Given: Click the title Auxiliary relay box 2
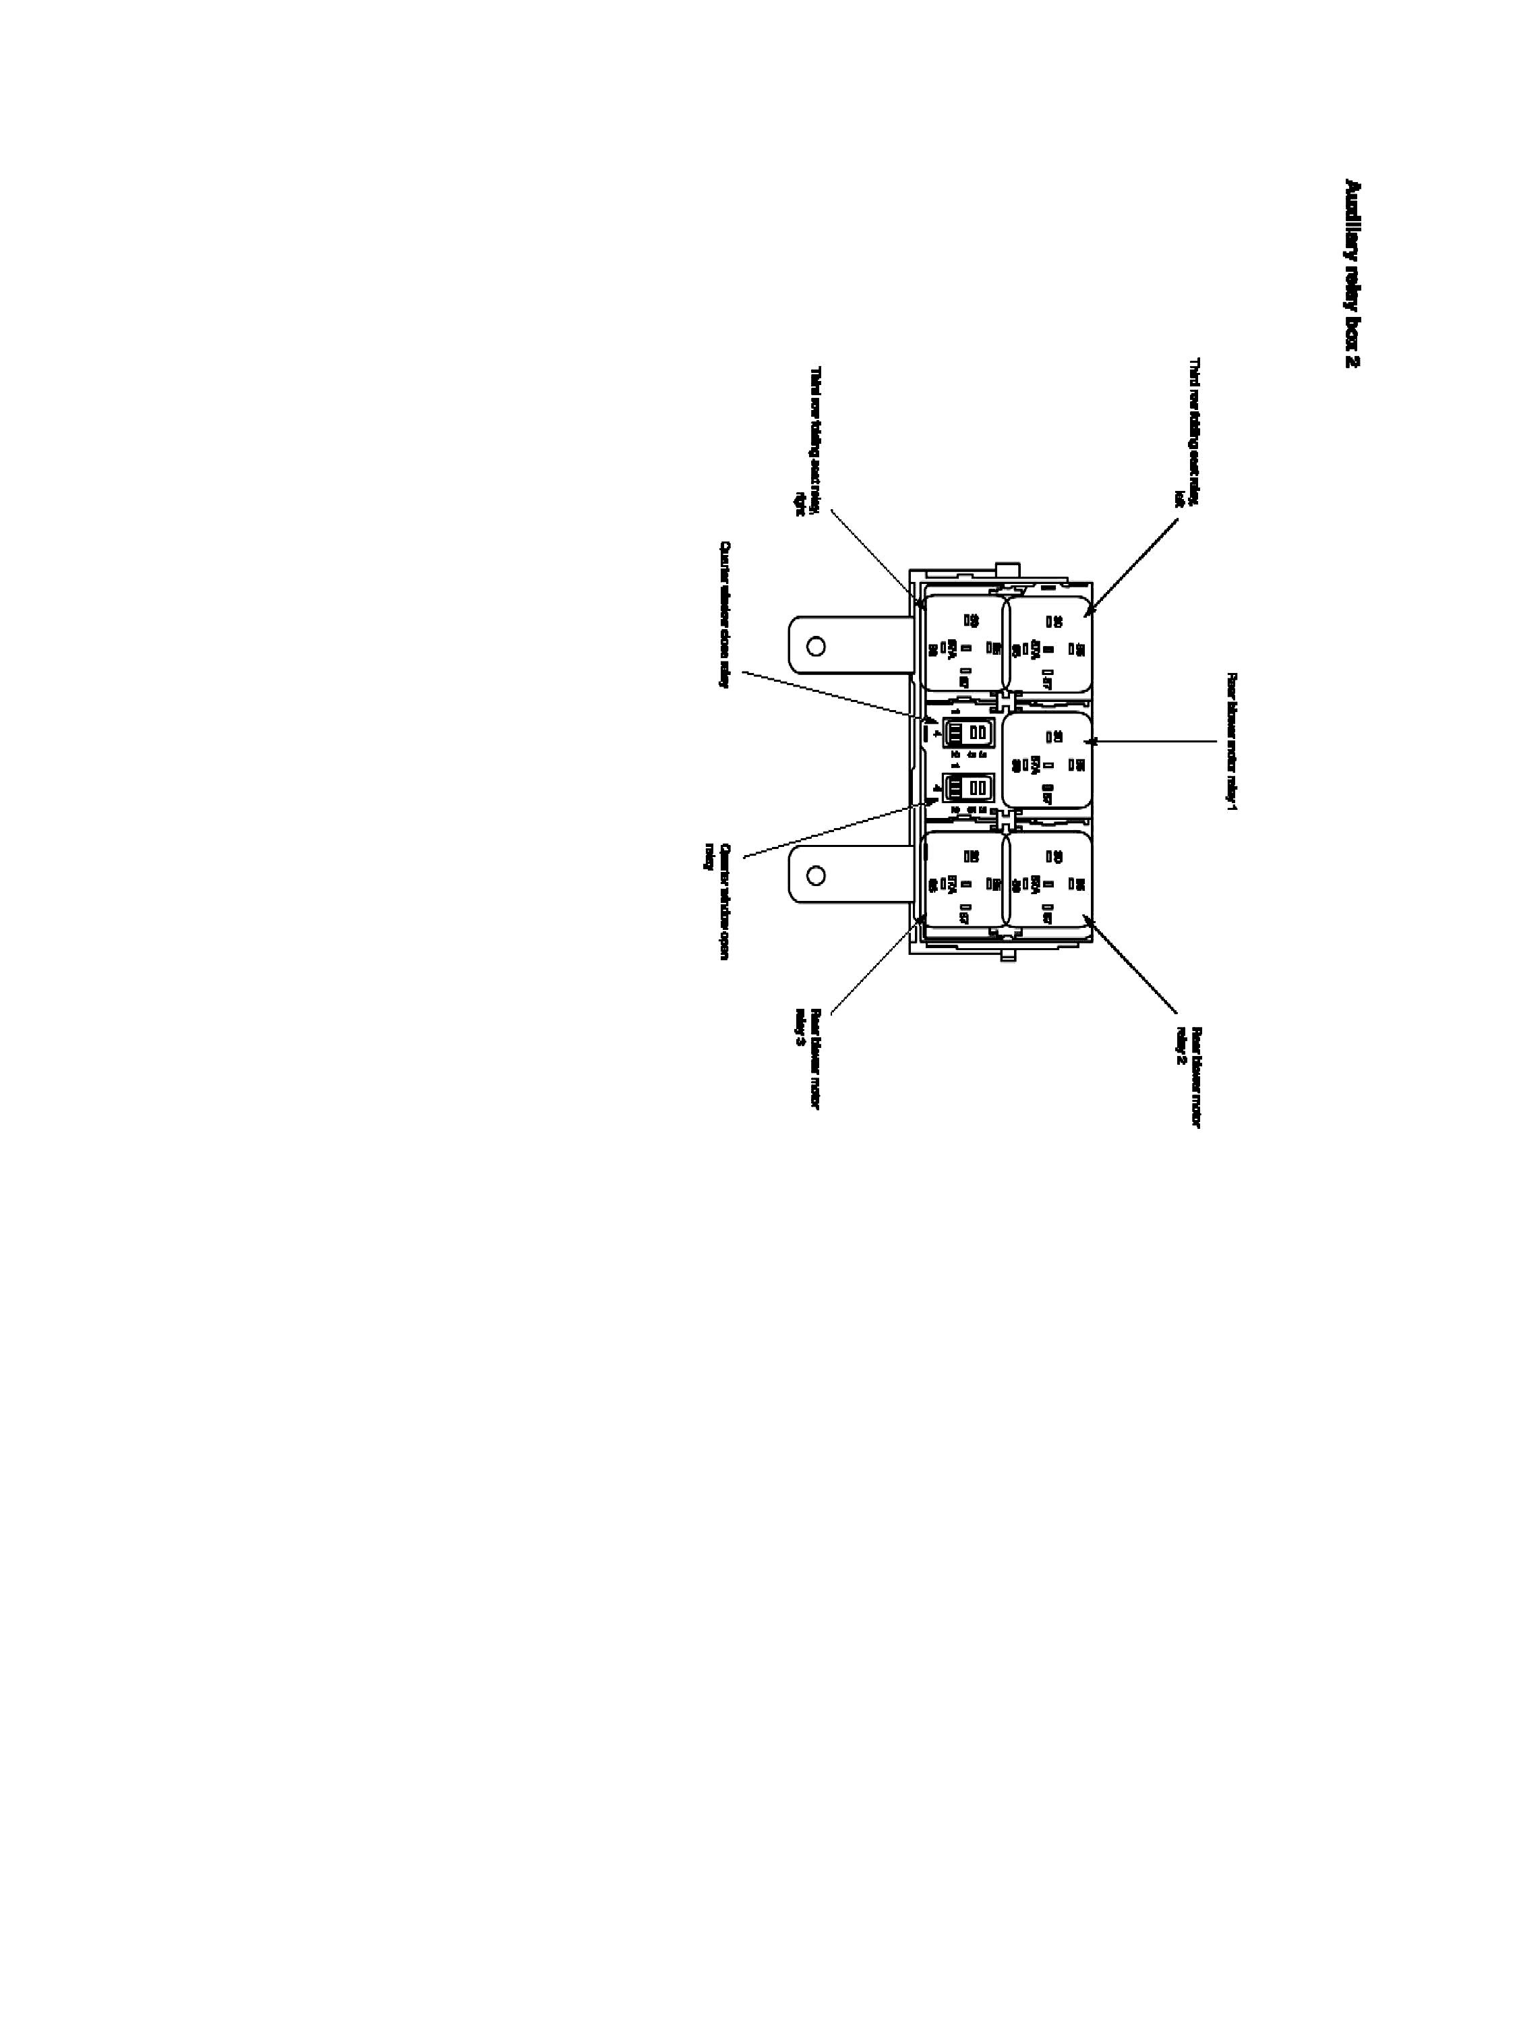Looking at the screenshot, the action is pyautogui.click(x=1352, y=274).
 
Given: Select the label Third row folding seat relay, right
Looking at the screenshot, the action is pyautogui.click(x=808, y=441).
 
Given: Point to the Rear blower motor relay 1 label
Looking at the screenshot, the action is pyautogui.click(x=1230, y=742).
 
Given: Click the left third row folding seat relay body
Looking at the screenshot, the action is pyautogui.click(x=1050, y=644).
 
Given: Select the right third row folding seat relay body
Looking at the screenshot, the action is pyautogui.click(x=965, y=644).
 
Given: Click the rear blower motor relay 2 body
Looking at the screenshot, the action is pyautogui.click(x=1049, y=878).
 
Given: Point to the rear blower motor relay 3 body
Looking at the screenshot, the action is pyautogui.click(x=965, y=878).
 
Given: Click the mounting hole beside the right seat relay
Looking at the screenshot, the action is pyautogui.click(x=816, y=647).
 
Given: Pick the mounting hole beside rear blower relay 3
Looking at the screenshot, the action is pyautogui.click(x=816, y=875).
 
